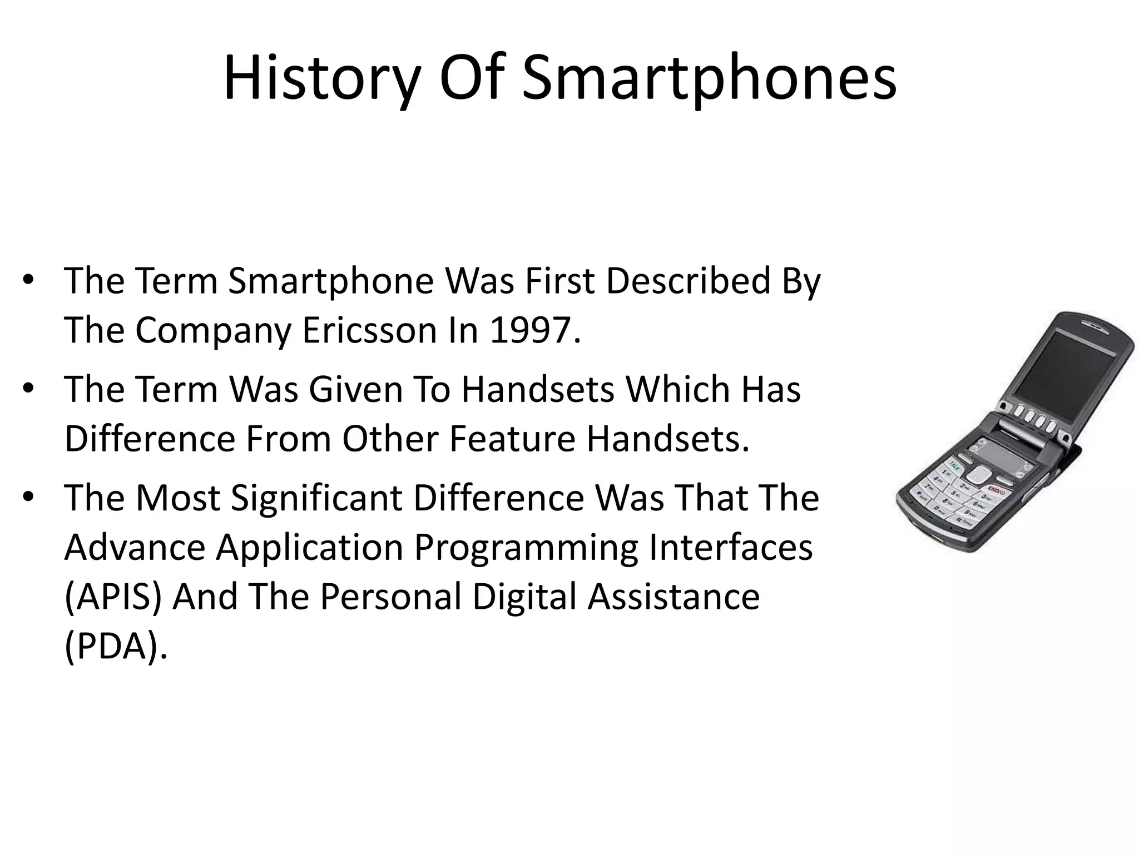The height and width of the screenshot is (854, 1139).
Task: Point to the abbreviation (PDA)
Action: pyautogui.click(x=115, y=646)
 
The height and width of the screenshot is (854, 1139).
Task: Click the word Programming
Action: pyautogui.click(x=526, y=547)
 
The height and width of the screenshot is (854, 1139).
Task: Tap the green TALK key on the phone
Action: pyautogui.click(x=954, y=464)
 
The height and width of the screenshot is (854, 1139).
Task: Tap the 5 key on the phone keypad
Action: pyautogui.click(x=954, y=493)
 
